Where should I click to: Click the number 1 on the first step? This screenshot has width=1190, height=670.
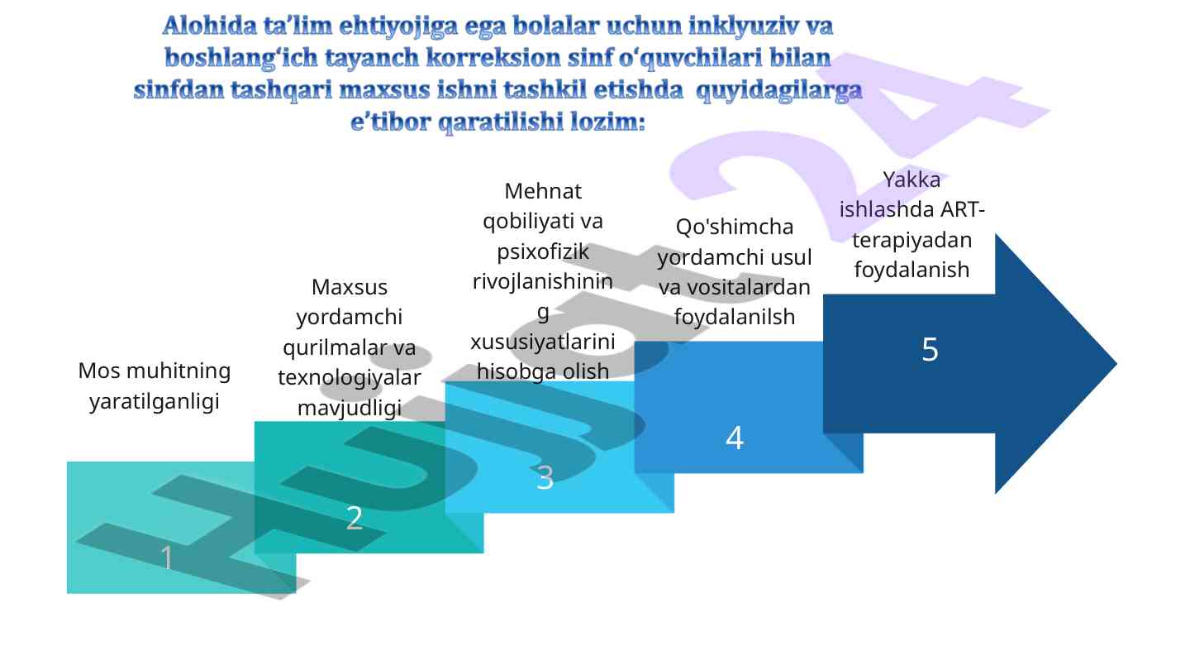coord(167,558)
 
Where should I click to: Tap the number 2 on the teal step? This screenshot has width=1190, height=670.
coord(355,518)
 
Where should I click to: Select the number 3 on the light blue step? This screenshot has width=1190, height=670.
coord(545,477)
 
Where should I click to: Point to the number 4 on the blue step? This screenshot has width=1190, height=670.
coord(735,438)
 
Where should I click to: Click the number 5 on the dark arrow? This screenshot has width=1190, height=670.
coord(930,349)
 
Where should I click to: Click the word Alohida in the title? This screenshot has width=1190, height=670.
coord(210,26)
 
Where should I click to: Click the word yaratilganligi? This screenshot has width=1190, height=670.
coord(155,402)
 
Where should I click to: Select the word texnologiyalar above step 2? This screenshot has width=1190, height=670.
coord(350,377)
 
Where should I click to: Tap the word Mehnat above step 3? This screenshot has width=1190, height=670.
coord(543,191)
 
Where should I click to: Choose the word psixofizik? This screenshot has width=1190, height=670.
coord(543,252)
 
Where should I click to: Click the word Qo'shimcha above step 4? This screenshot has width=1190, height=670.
coord(735,227)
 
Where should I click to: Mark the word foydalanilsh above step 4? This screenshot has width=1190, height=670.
coord(735,318)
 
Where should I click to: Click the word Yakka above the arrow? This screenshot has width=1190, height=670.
coord(912,179)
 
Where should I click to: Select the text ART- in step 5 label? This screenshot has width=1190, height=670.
coord(963,209)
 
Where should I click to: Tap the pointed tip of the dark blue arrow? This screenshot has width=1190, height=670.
coord(1116,364)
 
